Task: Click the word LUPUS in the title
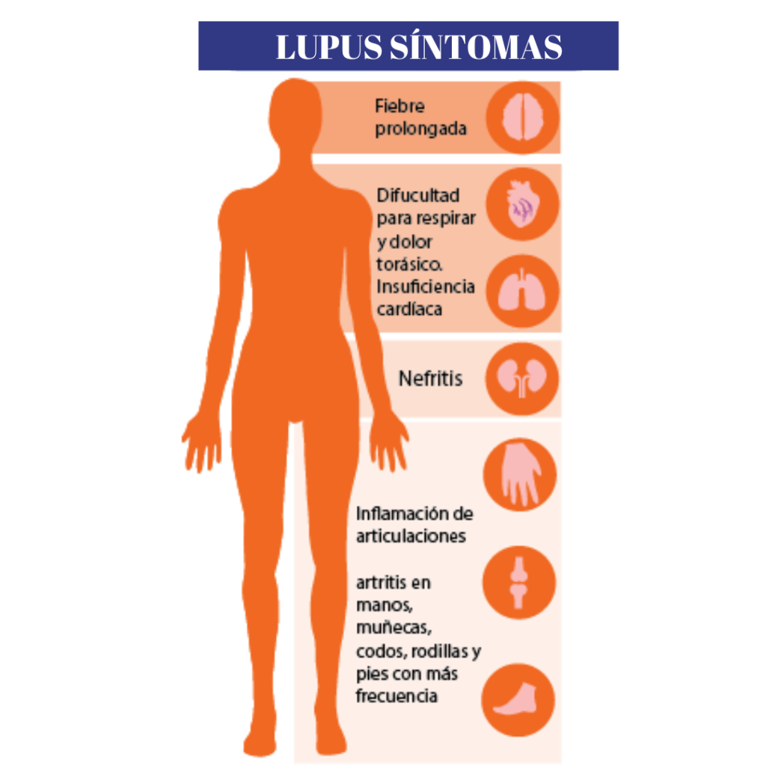[329, 47]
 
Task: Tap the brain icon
[523, 117]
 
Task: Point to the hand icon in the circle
[520, 474]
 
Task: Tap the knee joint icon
[519, 582]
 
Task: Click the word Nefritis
[430, 379]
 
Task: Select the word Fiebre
[399, 106]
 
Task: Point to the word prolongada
[420, 129]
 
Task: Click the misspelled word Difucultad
[418, 195]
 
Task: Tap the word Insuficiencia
[426, 287]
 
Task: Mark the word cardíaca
[409, 309]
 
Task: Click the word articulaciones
[411, 536]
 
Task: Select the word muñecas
[393, 628]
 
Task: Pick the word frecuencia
[396, 696]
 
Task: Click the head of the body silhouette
[295, 114]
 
